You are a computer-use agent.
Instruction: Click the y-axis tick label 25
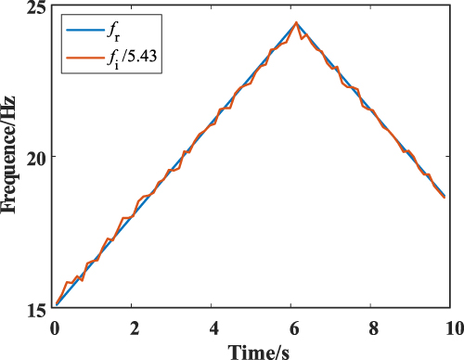38,9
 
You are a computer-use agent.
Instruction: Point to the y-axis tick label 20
38,157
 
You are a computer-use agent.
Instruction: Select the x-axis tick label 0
55,327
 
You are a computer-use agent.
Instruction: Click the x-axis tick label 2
135,327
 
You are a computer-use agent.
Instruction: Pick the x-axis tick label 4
214,327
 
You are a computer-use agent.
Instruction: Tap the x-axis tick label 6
294,327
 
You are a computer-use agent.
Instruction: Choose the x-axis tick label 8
374,327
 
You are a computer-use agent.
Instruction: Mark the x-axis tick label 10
453,327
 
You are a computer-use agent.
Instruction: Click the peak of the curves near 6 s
296,22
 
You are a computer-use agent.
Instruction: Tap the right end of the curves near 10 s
445,197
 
